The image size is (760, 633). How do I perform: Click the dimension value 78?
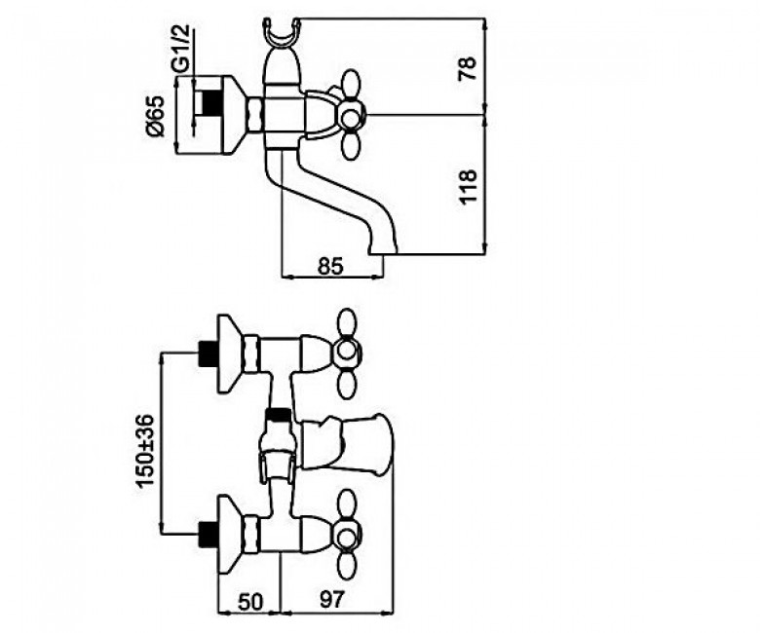coord(467,68)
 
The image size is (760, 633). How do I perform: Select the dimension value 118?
coord(468,187)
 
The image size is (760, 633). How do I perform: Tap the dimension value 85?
coord(330,266)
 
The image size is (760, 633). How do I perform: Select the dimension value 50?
coord(250,601)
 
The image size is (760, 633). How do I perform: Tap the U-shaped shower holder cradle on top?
coord(282,34)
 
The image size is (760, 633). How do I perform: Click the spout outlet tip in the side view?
coord(383,248)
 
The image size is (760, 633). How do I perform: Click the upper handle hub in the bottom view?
coord(347,351)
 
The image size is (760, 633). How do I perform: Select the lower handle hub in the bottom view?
coord(347,536)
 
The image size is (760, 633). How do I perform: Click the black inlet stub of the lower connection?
coord(208,535)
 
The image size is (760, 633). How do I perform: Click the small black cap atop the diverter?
coord(278,414)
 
